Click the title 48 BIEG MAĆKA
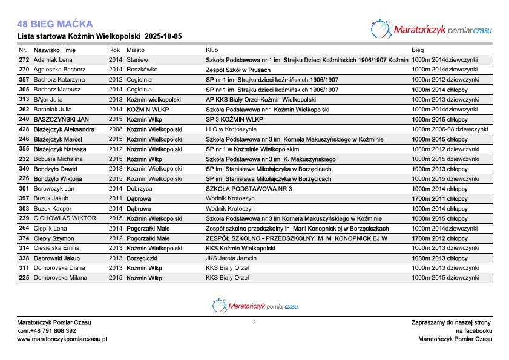(x=55, y=24)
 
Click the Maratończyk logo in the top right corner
(x=431, y=28)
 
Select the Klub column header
(x=212, y=50)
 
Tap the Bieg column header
(x=418, y=50)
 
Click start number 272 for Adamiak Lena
(x=24, y=60)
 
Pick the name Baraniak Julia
(x=53, y=110)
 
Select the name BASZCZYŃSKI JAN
(x=61, y=119)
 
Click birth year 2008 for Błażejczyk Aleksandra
(x=115, y=129)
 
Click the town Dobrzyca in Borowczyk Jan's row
(x=139, y=189)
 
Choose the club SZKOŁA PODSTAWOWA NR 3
(x=249, y=189)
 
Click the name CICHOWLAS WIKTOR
(x=65, y=218)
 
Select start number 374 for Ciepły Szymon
(x=24, y=238)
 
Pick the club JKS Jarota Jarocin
(x=231, y=258)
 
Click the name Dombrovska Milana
(x=60, y=278)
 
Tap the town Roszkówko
(x=142, y=70)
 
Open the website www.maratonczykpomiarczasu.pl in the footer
(x=62, y=339)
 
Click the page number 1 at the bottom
(x=255, y=322)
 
